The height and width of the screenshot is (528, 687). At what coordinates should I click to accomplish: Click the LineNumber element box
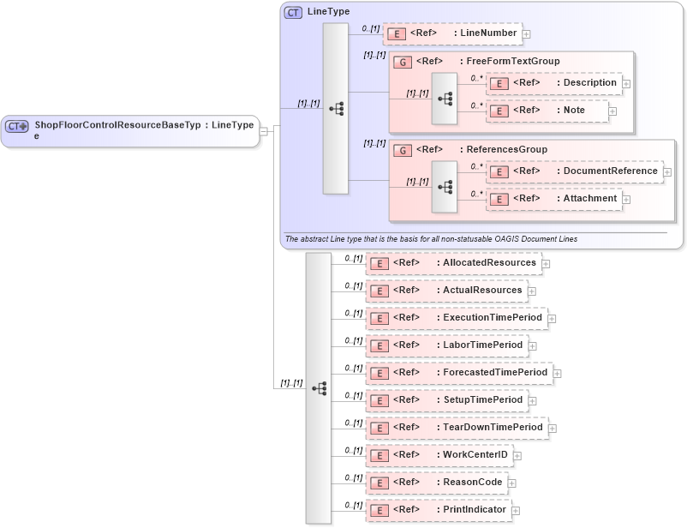click(451, 33)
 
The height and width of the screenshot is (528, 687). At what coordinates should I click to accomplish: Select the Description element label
click(589, 83)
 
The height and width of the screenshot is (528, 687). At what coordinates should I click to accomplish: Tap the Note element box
click(547, 111)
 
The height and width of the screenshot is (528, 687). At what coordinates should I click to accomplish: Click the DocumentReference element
click(573, 171)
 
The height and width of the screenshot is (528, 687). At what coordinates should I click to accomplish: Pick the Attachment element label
click(589, 199)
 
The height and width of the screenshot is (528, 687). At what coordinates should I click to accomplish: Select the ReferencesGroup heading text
click(505, 150)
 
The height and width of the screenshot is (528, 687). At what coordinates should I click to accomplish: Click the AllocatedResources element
click(454, 263)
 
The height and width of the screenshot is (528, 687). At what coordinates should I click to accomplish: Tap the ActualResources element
click(446, 291)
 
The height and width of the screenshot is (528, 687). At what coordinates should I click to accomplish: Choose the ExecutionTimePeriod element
click(457, 318)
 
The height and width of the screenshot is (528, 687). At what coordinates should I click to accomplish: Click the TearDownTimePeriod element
click(457, 428)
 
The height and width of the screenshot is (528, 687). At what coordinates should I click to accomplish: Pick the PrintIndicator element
click(438, 510)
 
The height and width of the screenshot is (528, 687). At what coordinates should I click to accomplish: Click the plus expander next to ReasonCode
click(512, 483)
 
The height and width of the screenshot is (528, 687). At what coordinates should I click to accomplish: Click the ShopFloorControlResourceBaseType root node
click(129, 130)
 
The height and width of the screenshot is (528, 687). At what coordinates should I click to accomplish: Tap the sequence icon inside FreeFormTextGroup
click(445, 99)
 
